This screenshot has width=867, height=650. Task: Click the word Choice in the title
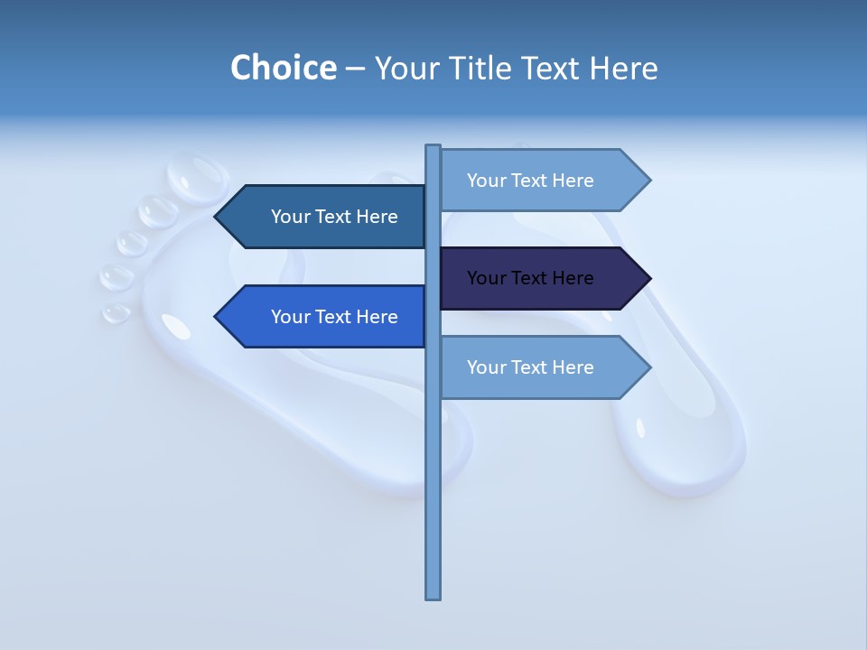pos(284,69)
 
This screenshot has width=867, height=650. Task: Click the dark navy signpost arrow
pos(542,278)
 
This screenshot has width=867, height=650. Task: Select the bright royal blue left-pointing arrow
pos(325,317)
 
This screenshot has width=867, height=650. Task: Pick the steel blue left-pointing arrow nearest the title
pos(325,217)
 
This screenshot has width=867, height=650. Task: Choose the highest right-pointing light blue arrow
pos(542,181)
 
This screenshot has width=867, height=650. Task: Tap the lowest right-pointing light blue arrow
pos(542,367)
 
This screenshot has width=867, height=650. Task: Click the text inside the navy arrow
pos(530,278)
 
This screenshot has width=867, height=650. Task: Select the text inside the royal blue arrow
pos(334,317)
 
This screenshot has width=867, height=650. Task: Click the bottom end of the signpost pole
pos(433,595)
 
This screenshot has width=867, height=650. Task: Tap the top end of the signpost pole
pos(433,148)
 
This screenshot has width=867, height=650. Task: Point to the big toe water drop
pos(199,177)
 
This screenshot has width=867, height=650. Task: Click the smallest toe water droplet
pos(116,312)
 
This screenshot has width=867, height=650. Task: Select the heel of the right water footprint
pos(686,451)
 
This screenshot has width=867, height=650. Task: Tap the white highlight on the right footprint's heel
pos(640,427)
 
